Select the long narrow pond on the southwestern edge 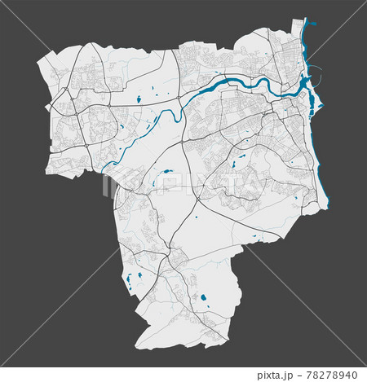(x=129, y=282)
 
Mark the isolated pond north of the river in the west (x=139, y=99)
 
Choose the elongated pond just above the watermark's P (x=166, y=172)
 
